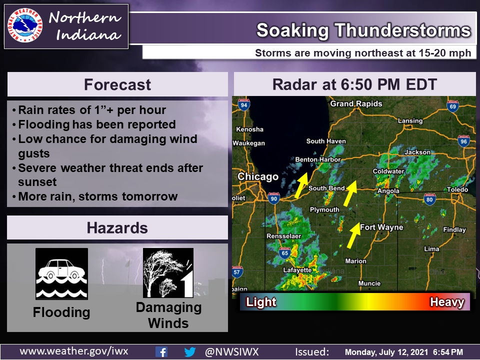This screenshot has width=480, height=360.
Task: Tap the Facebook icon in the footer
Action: coord(161,351)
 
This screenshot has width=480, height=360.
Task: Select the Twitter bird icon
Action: coord(190,351)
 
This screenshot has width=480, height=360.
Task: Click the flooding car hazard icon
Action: coord(61,273)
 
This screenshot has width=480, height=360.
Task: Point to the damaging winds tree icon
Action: coord(168,273)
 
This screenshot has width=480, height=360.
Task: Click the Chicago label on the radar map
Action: coord(257,176)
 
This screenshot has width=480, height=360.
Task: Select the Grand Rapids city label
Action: coord(356,104)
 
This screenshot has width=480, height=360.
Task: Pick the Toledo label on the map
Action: coord(457,190)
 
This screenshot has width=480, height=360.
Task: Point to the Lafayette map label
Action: coord(297,270)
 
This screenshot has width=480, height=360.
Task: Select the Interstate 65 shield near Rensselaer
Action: coord(284,253)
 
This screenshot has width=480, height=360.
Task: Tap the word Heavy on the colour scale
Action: coord(447,302)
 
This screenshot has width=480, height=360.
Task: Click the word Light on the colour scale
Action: coord(261,302)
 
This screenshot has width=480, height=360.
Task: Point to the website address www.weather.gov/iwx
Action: coord(74,351)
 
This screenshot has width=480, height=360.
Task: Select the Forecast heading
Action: coord(117,84)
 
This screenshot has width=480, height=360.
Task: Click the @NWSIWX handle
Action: coord(232,351)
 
